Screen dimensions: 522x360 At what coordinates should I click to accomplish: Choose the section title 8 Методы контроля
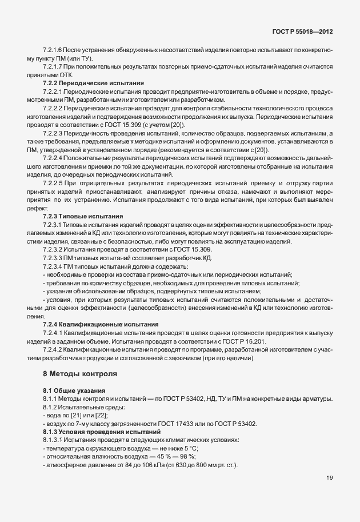click(x=80, y=374)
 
